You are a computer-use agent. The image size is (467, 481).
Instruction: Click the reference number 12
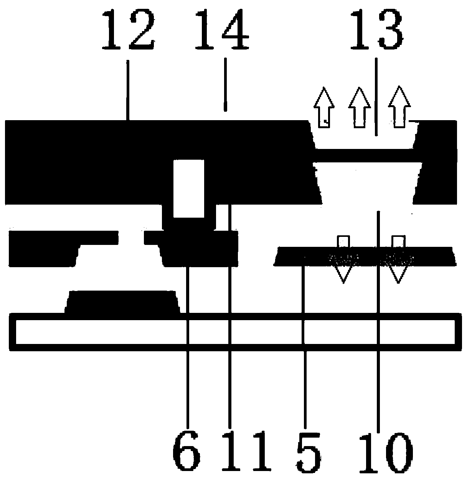(x=129, y=30)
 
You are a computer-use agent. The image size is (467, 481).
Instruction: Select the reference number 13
(x=376, y=30)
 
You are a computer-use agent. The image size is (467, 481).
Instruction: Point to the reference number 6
(x=187, y=453)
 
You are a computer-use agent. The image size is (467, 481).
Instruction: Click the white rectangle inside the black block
(x=188, y=188)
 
